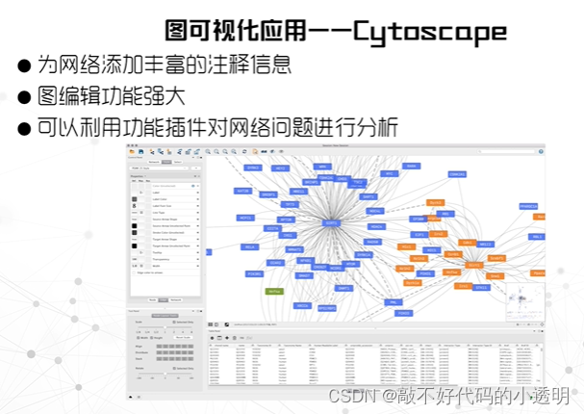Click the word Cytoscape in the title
click(429, 32)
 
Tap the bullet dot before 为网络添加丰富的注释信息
click(24, 67)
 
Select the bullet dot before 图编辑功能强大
click(24, 97)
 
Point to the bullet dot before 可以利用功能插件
click(24, 128)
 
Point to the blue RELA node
click(250, 246)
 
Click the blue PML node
click(394, 301)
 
